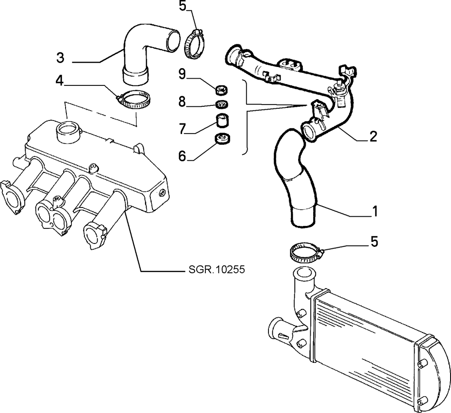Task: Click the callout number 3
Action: click(60, 58)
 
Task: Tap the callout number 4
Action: click(60, 81)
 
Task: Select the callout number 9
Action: click(182, 74)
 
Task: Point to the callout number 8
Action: click(182, 102)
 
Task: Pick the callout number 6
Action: click(182, 156)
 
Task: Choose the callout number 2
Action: click(373, 136)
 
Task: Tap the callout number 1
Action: click(375, 211)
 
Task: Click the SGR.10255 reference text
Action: click(217, 269)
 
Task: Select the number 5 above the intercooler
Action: click(374, 241)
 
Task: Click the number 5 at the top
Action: click(182, 6)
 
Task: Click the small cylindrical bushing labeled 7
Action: click(222, 121)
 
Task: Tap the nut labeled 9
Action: click(221, 90)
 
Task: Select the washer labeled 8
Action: click(221, 104)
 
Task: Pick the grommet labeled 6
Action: click(223, 139)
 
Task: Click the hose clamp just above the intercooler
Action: click(306, 252)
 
